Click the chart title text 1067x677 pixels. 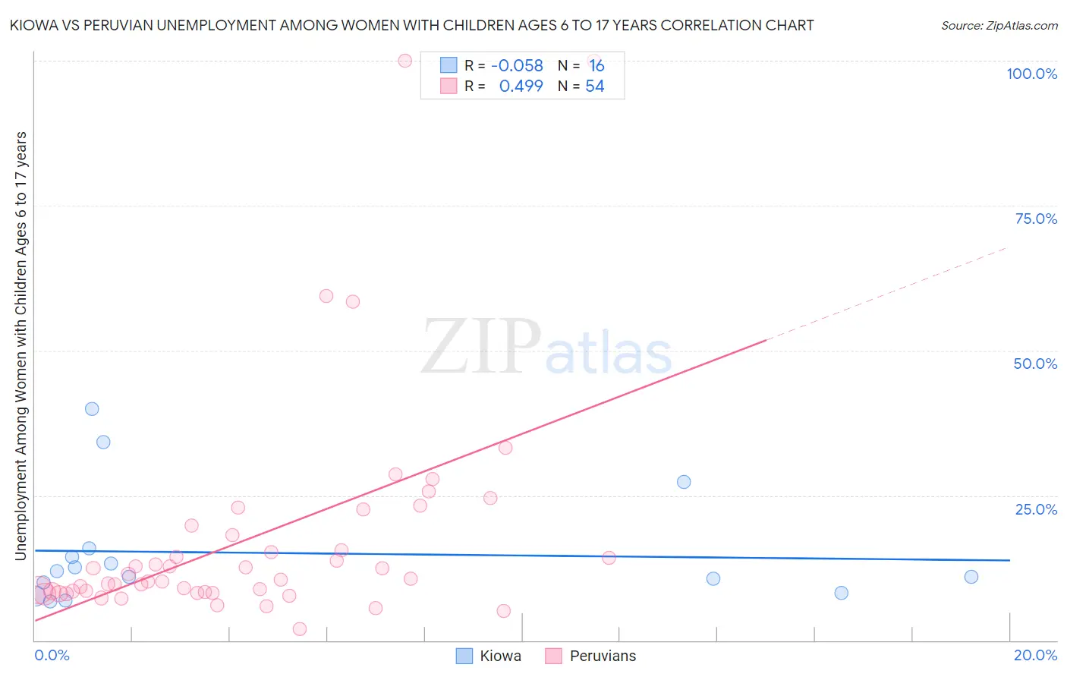[x=412, y=25]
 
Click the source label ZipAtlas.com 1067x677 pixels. [x=999, y=25]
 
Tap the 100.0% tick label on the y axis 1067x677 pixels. [x=1031, y=74]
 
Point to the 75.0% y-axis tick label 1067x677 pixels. [x=1036, y=219]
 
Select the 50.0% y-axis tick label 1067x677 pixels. [x=1035, y=364]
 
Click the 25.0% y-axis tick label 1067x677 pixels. [x=1036, y=509]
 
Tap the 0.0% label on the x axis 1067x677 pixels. [x=52, y=655]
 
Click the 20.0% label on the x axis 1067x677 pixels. [x=1035, y=655]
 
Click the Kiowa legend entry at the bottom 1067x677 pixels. [x=489, y=656]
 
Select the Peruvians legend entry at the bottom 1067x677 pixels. [x=591, y=656]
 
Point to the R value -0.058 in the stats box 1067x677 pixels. [x=517, y=66]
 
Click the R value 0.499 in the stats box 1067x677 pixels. [x=521, y=87]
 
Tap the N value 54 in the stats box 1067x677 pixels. [x=594, y=87]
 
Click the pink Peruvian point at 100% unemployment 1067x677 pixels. [x=405, y=61]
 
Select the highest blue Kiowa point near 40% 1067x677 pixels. [x=92, y=409]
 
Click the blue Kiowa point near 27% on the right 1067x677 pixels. [x=684, y=482]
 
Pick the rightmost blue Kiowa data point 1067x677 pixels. [x=971, y=577]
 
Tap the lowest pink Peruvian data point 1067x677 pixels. [x=300, y=629]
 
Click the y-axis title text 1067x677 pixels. [x=21, y=346]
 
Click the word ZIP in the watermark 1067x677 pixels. [x=480, y=347]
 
